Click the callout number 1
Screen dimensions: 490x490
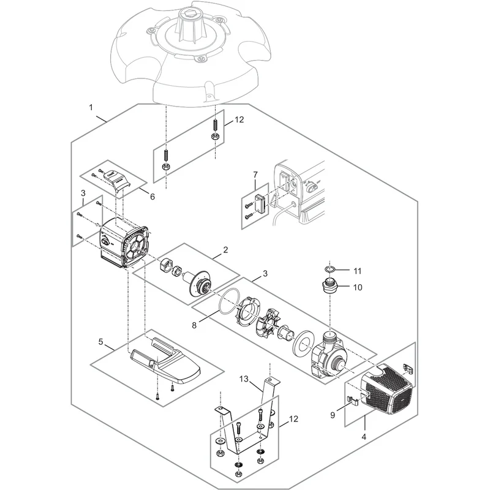click(x=91, y=108)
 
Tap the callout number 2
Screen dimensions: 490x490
click(x=225, y=250)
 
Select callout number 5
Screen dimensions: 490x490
click(x=100, y=342)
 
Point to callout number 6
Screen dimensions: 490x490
click(x=152, y=197)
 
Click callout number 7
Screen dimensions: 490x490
click(x=255, y=175)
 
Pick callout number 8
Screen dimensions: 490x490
click(x=194, y=325)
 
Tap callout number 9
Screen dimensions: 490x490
click(x=333, y=415)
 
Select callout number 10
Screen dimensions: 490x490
click(x=358, y=287)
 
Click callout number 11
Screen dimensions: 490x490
click(x=357, y=271)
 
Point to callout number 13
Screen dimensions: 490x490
click(x=244, y=379)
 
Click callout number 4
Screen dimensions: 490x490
click(x=364, y=437)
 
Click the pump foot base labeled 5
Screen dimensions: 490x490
click(x=165, y=362)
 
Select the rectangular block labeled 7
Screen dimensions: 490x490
click(x=260, y=203)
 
